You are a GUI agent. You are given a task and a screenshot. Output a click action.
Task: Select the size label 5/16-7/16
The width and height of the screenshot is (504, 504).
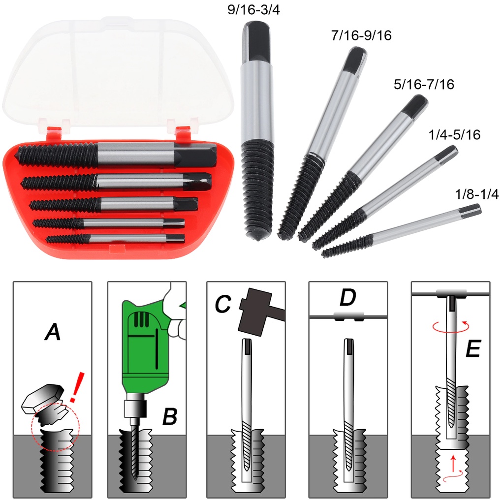pyautogui.click(x=424, y=85)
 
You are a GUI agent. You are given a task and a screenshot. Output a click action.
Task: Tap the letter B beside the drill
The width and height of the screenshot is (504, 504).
pyautogui.click(x=169, y=417)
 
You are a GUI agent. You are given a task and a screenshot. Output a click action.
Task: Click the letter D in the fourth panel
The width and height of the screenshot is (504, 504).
pyautogui.click(x=347, y=298)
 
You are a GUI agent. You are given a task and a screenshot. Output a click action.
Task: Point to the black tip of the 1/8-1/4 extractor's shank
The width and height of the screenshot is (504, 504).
pyautogui.click(x=472, y=210)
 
